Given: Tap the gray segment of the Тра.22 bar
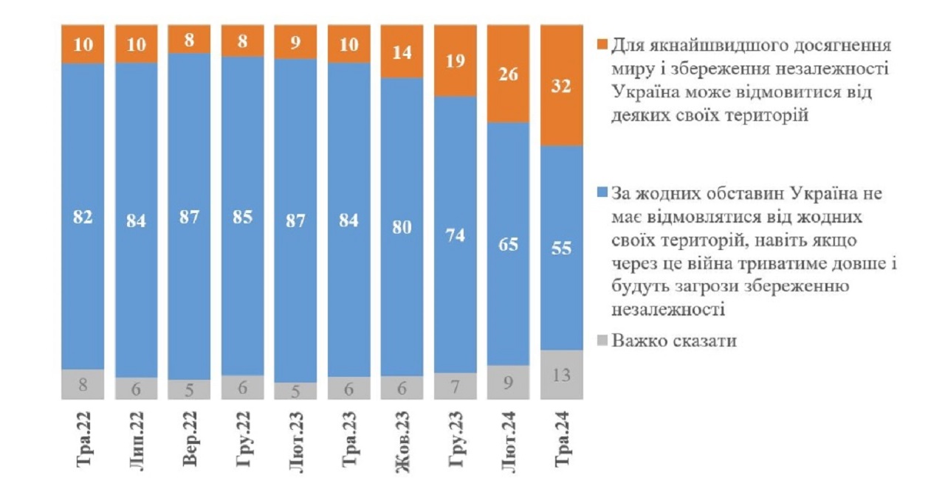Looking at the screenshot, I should tap(83, 383).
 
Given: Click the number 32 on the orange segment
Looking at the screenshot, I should tap(562, 86).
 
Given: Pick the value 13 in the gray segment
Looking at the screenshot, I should tap(562, 375).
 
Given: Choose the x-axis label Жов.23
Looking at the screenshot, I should tap(403, 442).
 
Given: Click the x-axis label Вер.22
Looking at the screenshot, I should tap(190, 442).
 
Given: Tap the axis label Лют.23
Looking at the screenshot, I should tap(296, 442).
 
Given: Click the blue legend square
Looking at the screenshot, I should tap(602, 193).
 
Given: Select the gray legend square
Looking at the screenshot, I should tap(602, 341).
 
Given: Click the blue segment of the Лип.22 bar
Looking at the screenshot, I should tap(136, 221).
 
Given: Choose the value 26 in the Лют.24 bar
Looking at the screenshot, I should tap(509, 74).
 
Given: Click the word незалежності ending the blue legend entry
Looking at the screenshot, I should tap(667, 310).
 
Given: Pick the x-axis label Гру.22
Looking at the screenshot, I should tap(243, 442).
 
